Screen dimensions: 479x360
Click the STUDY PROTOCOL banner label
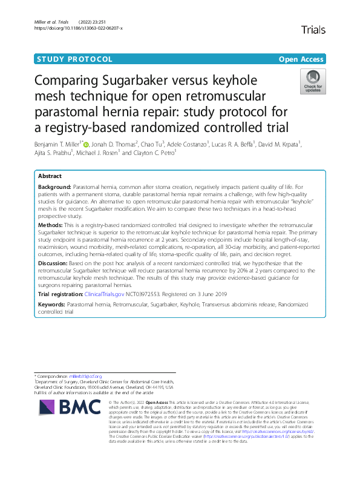tap(75, 59)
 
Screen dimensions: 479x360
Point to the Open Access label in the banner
tap(302, 59)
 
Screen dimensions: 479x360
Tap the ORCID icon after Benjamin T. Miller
tap(87, 145)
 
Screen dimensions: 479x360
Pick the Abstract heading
tap(50, 175)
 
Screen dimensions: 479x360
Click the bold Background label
tap(54, 188)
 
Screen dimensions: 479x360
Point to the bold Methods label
tap(51, 224)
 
